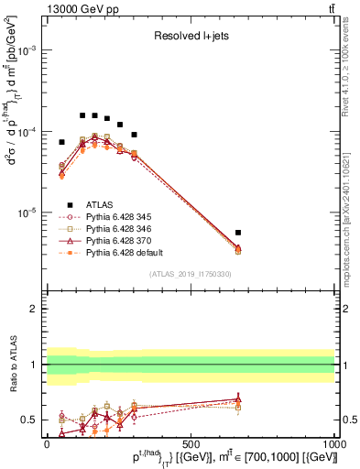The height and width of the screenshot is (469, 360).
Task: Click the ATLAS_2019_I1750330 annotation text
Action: pos(190,274)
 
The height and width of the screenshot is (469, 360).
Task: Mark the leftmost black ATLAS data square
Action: pos(61,142)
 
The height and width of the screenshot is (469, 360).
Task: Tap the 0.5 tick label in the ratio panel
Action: pos(30,420)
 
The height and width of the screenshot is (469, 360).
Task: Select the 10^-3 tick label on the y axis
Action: pos(27,51)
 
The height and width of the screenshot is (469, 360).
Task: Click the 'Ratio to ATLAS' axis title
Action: pos(10,364)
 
